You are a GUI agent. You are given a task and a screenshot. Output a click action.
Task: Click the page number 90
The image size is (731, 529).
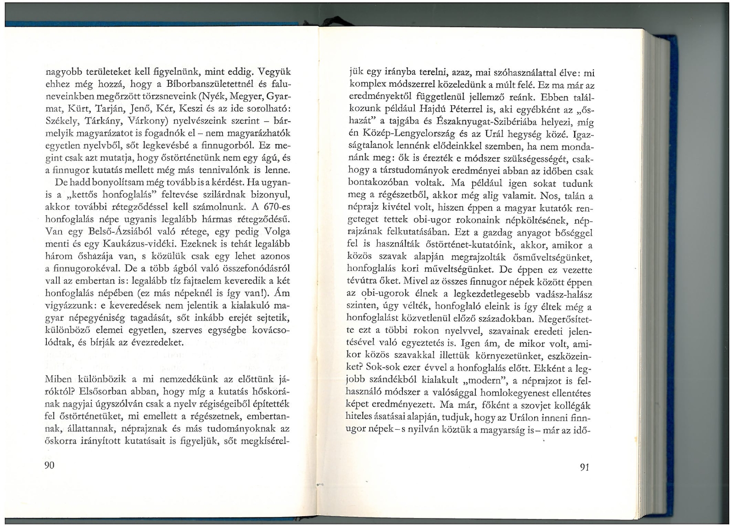tap(49, 465)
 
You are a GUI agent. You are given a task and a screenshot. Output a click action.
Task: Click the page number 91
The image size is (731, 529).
tap(584, 467)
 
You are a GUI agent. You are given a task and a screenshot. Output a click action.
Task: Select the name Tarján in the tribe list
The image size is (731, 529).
tap(117, 109)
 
